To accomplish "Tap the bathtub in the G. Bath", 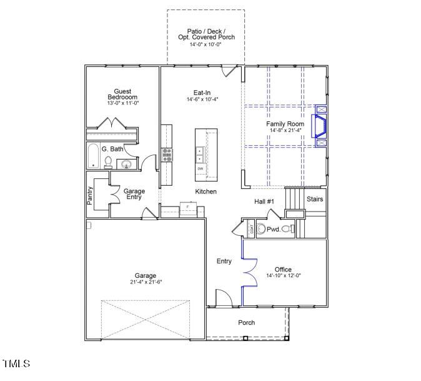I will pyautogui.click(x=94, y=156).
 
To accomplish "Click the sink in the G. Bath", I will pyautogui.click(x=127, y=165).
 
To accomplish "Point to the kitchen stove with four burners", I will pyautogui.click(x=167, y=155).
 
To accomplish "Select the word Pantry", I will pyautogui.click(x=91, y=195).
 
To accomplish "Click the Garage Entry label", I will pyautogui.click(x=134, y=194).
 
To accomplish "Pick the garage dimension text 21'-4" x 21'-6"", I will pyautogui.click(x=146, y=282).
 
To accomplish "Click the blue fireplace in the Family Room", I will pyautogui.click(x=321, y=125).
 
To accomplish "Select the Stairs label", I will pyautogui.click(x=315, y=199).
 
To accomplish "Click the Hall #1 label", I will pyautogui.click(x=264, y=201).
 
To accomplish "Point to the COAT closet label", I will pyautogui.click(x=252, y=230).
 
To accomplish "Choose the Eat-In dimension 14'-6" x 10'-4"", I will pyautogui.click(x=202, y=99).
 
